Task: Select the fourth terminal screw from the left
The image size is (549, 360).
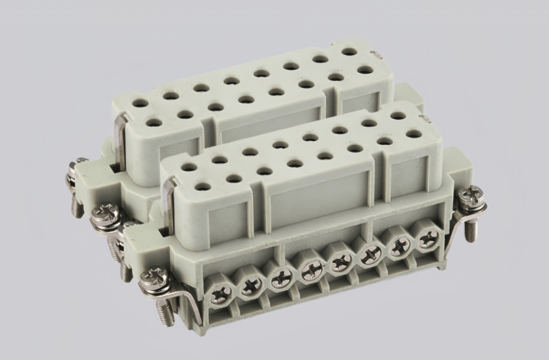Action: point(310,270)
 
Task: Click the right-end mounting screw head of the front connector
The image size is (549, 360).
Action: point(472,196)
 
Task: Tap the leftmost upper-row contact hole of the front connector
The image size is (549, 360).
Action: point(189,167)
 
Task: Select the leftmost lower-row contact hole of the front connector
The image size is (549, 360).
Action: point(204,187)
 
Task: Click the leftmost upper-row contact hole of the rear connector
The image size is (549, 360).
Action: point(141,103)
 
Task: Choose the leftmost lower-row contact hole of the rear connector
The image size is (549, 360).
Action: point(155,122)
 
